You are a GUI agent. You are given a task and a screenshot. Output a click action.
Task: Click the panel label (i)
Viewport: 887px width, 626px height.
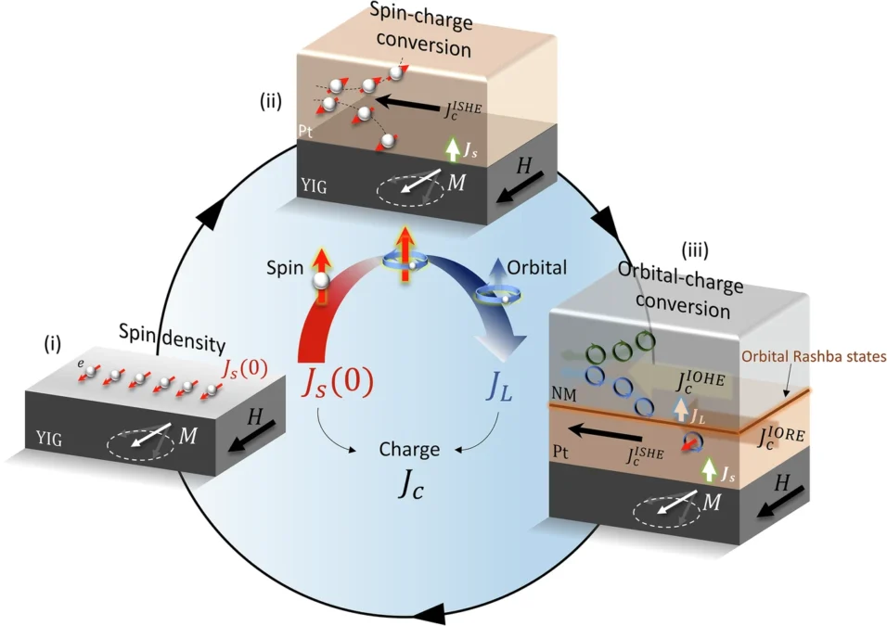tap(53, 344)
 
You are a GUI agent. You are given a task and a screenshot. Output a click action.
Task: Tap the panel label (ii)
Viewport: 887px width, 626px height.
tap(270, 102)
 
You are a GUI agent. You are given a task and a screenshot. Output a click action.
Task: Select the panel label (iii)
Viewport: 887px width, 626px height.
tap(694, 250)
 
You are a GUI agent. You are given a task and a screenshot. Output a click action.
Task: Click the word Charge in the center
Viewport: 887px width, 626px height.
tap(409, 449)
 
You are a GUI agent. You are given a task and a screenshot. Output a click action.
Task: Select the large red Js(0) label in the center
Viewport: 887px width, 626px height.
tap(337, 384)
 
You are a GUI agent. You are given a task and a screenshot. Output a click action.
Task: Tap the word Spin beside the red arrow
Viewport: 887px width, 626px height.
tap(285, 267)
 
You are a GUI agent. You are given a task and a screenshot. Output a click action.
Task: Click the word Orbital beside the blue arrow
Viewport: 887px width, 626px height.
tap(537, 267)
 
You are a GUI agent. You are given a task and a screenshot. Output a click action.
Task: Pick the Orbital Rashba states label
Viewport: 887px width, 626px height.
tap(814, 357)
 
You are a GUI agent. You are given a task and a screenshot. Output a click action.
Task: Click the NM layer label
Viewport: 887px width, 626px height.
tap(563, 395)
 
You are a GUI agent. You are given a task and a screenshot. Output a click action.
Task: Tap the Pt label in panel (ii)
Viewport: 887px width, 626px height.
tap(305, 131)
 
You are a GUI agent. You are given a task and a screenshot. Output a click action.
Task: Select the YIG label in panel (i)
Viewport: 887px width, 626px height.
tap(48, 439)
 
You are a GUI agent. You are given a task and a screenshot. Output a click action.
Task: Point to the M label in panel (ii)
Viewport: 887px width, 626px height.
tap(456, 183)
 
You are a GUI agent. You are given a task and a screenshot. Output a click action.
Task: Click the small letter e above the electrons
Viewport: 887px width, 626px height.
tap(81, 364)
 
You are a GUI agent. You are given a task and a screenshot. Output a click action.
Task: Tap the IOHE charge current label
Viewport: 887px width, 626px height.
tap(701, 380)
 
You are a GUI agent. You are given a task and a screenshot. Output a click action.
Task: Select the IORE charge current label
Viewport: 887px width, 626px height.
tap(781, 437)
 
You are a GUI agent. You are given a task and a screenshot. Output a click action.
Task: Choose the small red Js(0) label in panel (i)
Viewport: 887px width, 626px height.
tap(244, 369)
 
